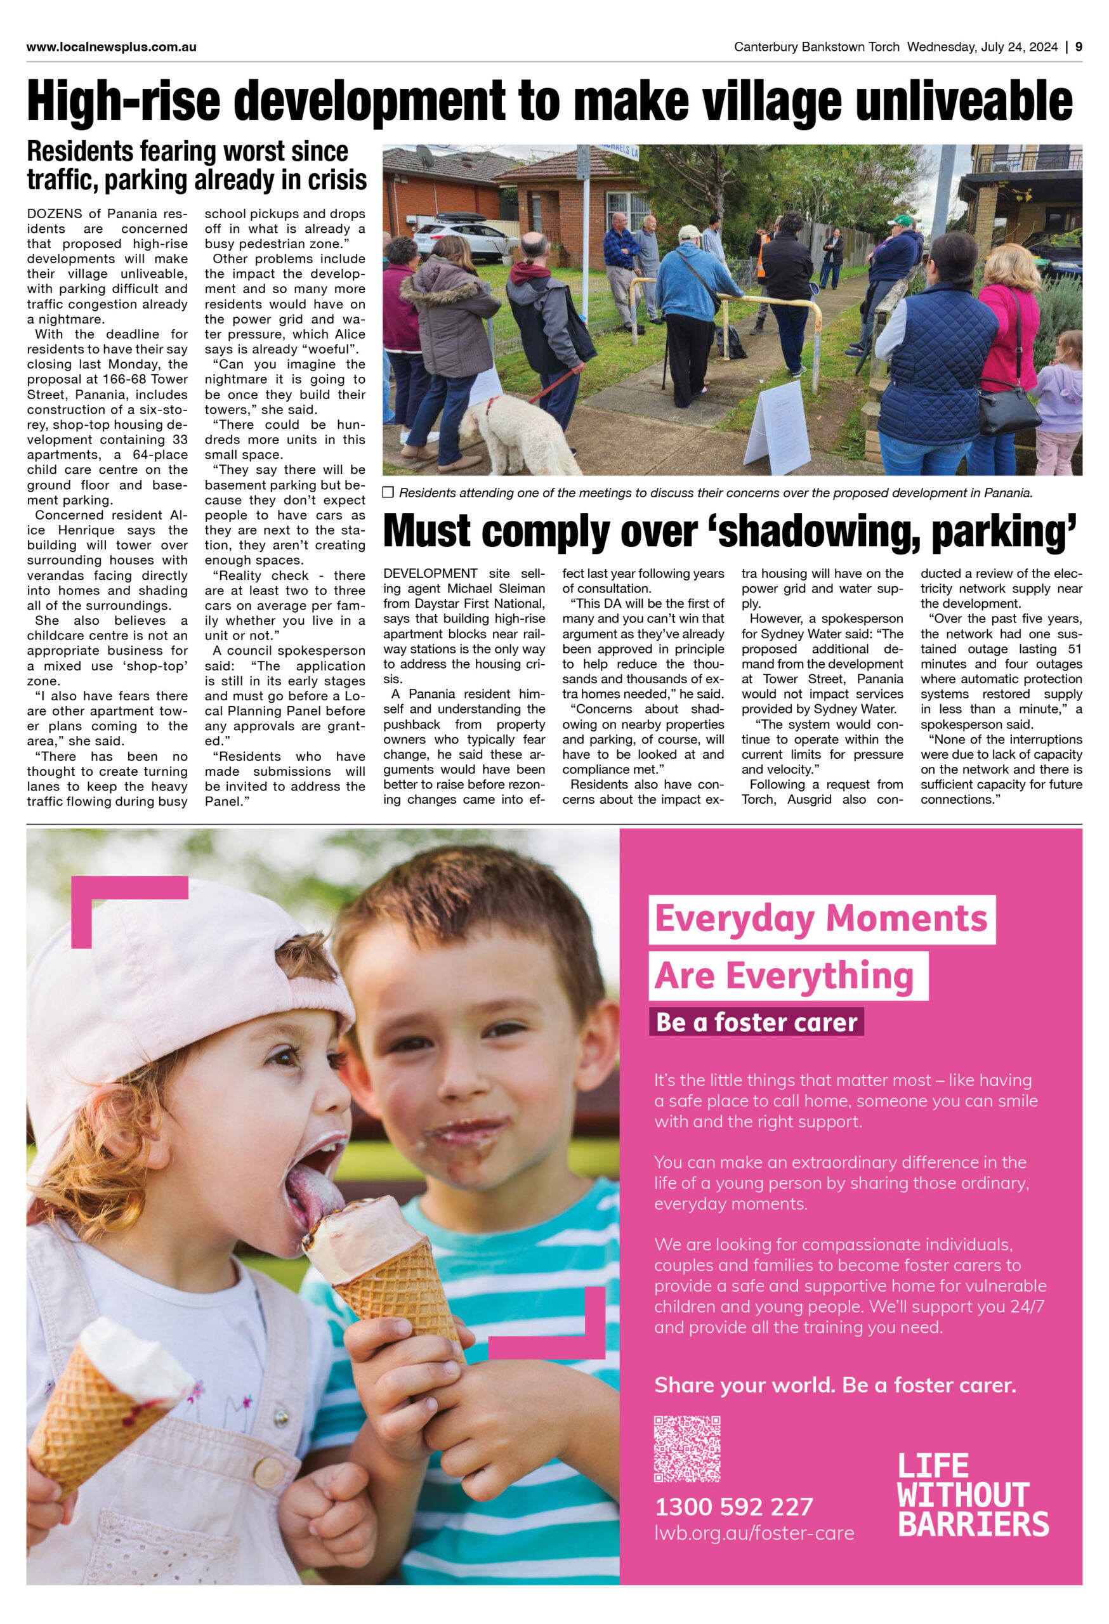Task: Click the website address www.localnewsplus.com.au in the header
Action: [x=111, y=47]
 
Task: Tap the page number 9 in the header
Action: [x=1079, y=47]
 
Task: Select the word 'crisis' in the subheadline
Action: [x=331, y=180]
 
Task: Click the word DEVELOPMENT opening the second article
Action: [x=430, y=573]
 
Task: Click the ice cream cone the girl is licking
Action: [x=381, y=1258]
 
